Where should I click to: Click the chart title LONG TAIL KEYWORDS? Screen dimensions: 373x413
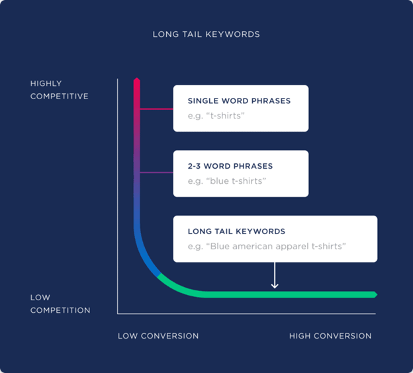click(x=206, y=34)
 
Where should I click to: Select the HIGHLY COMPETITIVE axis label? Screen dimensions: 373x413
click(x=59, y=90)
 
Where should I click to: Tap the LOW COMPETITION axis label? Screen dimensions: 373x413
click(x=60, y=304)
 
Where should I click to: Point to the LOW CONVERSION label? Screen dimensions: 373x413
click(x=158, y=336)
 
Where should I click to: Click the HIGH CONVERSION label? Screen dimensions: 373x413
click(x=330, y=336)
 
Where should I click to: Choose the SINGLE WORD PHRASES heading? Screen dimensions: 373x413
click(x=239, y=101)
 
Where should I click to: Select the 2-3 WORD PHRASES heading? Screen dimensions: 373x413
click(x=230, y=166)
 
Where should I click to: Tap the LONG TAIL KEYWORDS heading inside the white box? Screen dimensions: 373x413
click(x=236, y=231)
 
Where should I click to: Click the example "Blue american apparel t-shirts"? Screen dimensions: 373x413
click(x=267, y=246)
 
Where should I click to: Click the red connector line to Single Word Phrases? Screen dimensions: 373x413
click(x=156, y=108)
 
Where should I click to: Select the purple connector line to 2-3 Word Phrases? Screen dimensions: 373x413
click(x=156, y=173)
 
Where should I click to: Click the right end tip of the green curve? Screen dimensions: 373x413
click(x=375, y=294)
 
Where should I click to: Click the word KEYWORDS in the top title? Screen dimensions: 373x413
click(x=235, y=34)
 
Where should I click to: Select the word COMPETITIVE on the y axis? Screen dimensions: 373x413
click(x=59, y=97)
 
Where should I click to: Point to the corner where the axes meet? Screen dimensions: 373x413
click(x=118, y=313)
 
